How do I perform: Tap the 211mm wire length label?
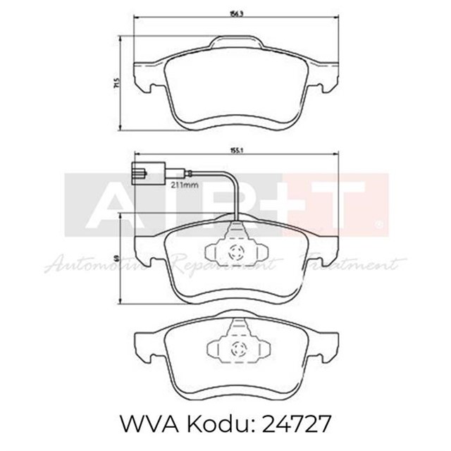(x=181, y=186)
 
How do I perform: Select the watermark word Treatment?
(x=352, y=266)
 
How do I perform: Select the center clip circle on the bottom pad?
(x=236, y=347)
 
